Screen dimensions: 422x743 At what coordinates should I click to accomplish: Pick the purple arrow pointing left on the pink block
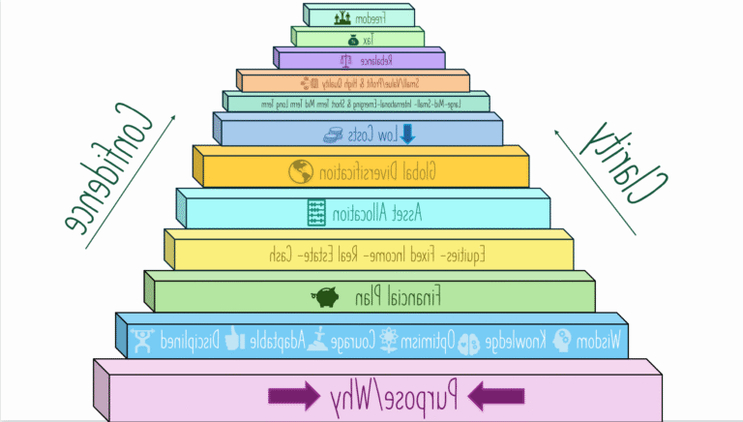click(x=496, y=395)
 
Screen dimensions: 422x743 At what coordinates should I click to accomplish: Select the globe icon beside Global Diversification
click(x=302, y=171)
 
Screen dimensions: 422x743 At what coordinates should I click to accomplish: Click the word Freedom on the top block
click(x=372, y=16)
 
